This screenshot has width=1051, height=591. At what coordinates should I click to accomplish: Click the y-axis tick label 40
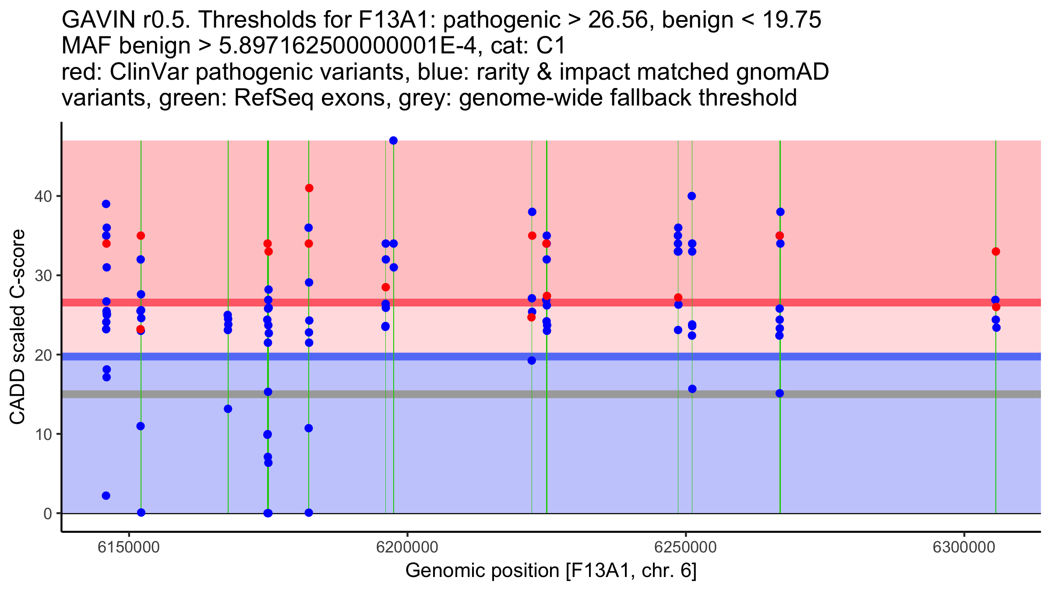(42, 196)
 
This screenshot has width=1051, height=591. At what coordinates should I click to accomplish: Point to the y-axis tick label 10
(42, 434)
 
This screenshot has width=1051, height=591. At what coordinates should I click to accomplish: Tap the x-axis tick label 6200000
(407, 547)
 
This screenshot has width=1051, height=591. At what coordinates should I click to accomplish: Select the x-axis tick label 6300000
(964, 547)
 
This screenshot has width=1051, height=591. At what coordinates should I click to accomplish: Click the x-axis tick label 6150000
(129, 547)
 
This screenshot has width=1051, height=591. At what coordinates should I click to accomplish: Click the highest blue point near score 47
(393, 141)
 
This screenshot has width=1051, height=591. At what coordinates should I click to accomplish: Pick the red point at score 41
(309, 188)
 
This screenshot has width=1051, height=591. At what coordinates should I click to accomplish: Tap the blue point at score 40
(692, 196)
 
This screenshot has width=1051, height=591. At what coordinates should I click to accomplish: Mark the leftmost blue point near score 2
(106, 496)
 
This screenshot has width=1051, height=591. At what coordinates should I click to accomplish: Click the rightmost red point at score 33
(996, 252)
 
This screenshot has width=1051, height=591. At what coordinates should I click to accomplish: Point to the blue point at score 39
(106, 204)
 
